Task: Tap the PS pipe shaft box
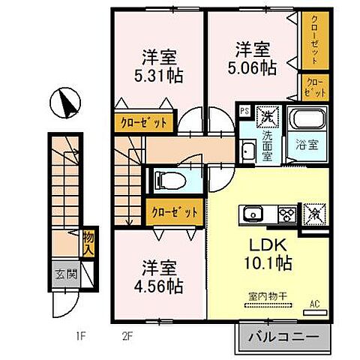point(244,112)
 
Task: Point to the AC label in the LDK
point(316,304)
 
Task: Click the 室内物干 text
point(268,298)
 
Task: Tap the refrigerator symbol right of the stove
point(313,214)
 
